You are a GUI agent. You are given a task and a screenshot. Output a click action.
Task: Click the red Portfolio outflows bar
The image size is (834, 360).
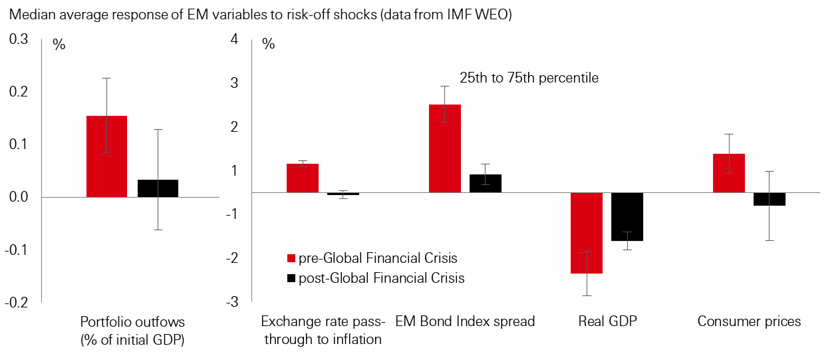[x=106, y=156]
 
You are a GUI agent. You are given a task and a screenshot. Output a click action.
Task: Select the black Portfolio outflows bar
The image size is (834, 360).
[x=158, y=188]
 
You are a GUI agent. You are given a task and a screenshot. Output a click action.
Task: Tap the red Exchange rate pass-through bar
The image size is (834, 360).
[x=303, y=178]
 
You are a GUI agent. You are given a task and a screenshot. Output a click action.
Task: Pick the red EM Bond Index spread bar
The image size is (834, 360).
[x=445, y=148]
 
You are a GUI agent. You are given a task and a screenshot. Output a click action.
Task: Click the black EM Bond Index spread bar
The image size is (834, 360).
[x=486, y=184]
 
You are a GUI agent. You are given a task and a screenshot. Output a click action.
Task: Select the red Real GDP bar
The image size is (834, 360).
[x=587, y=233]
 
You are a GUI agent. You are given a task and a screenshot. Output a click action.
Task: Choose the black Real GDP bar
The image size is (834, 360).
[x=627, y=217]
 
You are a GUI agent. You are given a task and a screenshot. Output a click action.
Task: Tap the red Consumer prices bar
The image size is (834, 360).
[x=729, y=173]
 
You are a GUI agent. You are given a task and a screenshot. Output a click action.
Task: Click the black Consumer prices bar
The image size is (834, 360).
[x=769, y=199]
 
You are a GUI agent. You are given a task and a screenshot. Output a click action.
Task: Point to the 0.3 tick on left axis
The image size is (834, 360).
[x=19, y=40]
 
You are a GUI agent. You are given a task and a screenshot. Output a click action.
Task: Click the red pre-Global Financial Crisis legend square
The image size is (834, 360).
[x=291, y=258]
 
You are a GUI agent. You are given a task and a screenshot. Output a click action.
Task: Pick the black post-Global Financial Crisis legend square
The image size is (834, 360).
[x=291, y=277]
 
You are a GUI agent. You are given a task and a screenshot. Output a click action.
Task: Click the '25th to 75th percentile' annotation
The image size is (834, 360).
[x=529, y=78]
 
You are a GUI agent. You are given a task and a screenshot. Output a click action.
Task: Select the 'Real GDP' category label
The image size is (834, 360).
[x=607, y=321]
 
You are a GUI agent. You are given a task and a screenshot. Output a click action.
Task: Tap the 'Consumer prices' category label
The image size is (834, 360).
[x=749, y=321]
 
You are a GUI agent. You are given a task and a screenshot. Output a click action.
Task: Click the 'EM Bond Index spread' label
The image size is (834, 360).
[x=465, y=321]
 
